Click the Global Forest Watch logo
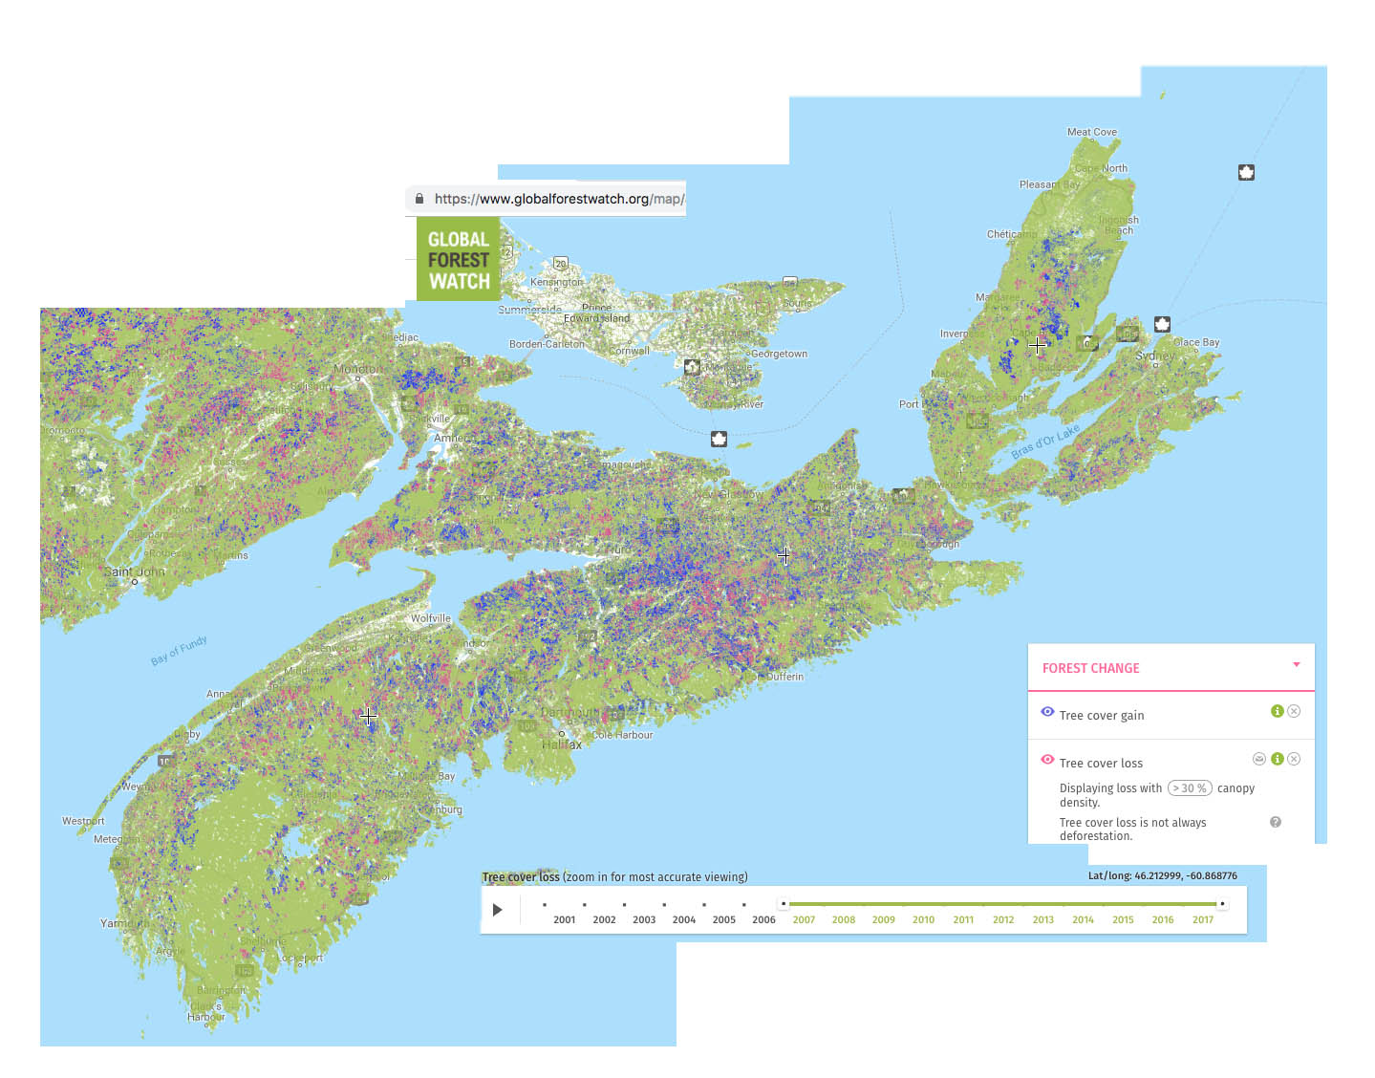[459, 259]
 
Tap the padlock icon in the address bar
[419, 199]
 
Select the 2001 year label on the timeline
[564, 919]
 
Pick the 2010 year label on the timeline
[923, 919]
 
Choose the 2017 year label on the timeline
[1202, 919]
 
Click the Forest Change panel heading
[1090, 668]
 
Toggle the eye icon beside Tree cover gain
[1047, 712]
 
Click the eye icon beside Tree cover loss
[1047, 760]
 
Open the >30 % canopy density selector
[1190, 788]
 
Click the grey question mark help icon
[1275, 822]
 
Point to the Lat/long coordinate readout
[1162, 875]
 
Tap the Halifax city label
[562, 744]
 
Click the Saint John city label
[134, 571]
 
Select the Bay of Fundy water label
[179, 650]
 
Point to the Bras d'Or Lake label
[1045, 441]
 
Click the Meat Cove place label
[1091, 132]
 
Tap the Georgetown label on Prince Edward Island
[779, 354]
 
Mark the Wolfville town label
[430, 618]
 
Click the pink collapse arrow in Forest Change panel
[1296, 664]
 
